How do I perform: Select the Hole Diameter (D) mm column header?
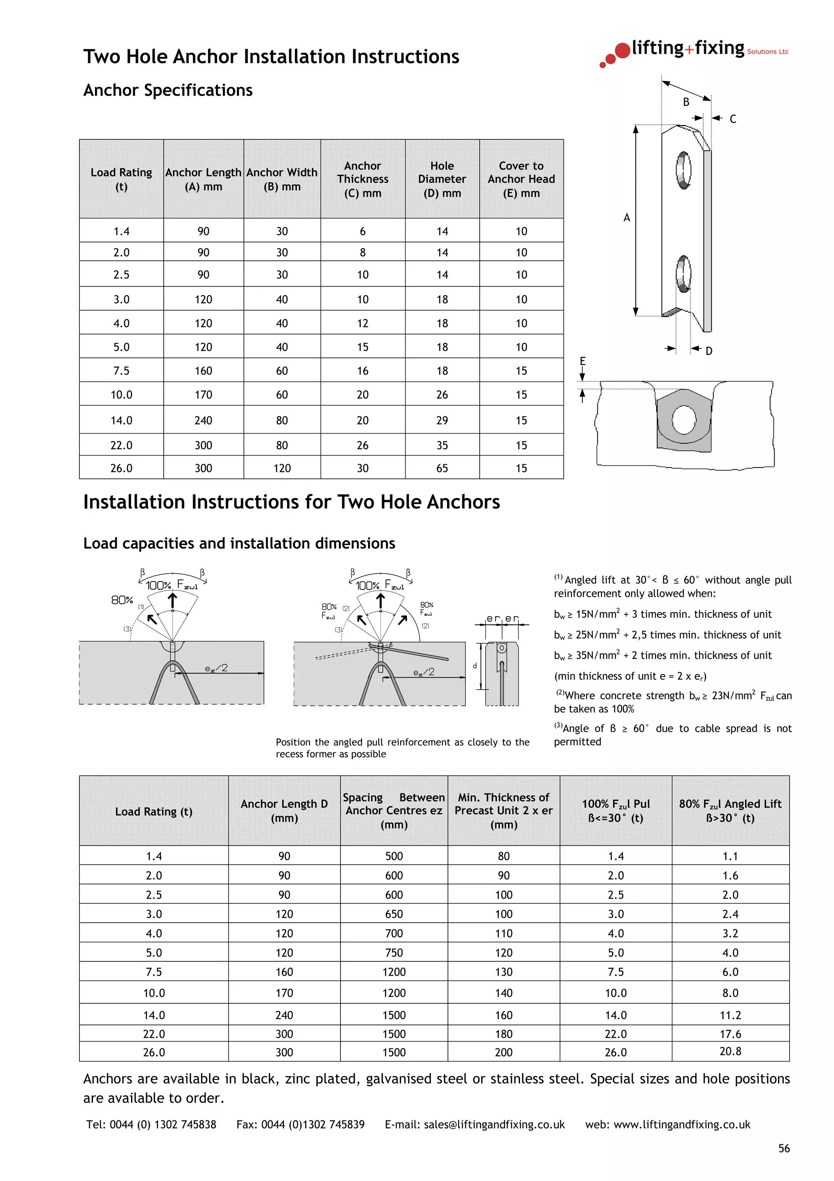click(442, 179)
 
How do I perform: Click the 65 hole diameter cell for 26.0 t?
click(442, 468)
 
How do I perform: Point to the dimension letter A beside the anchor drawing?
click(626, 218)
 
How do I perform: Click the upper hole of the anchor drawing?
click(683, 170)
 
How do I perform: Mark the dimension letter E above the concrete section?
click(582, 361)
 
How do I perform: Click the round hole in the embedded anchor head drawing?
click(683, 419)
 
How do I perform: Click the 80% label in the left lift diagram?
click(122, 600)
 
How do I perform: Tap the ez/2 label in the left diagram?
click(216, 668)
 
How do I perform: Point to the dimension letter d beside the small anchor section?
click(475, 665)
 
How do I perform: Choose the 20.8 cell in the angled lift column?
click(730, 1051)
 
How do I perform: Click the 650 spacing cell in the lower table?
click(394, 914)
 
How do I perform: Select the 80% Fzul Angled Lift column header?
click(730, 811)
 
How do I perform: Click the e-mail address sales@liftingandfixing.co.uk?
click(494, 1124)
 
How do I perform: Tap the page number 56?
click(784, 1148)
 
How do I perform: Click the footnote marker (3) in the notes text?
click(558, 726)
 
